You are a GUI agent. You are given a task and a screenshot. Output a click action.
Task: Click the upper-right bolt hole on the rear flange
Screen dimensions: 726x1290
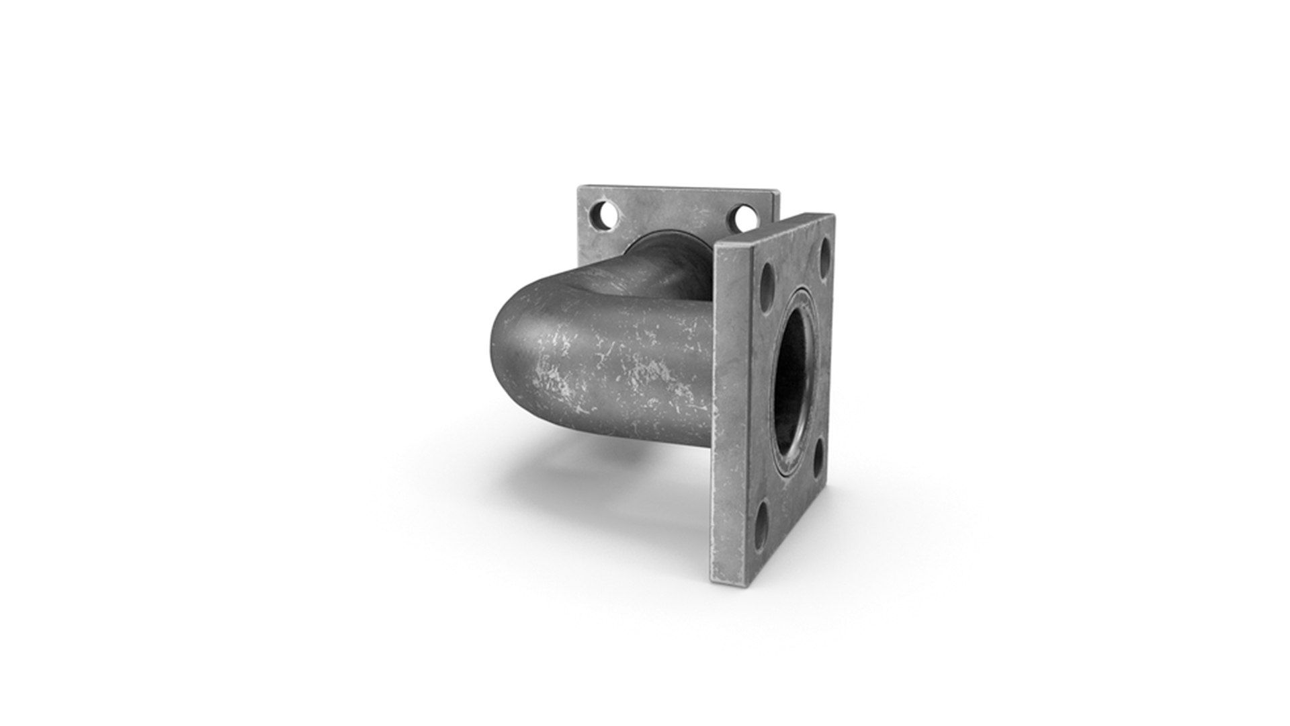744,216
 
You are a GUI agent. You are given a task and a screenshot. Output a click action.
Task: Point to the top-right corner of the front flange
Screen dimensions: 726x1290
834,215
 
